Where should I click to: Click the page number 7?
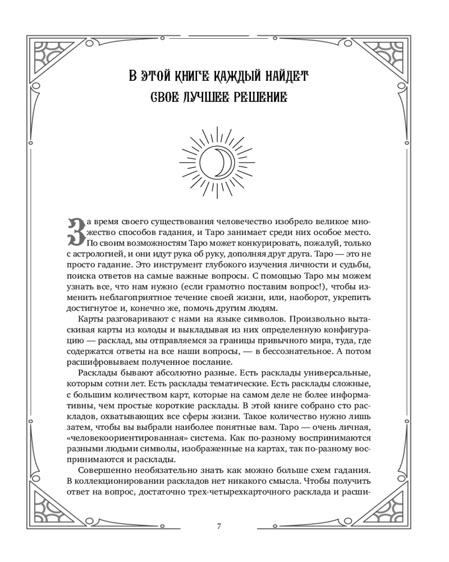(219, 526)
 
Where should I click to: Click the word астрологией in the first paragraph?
(103, 254)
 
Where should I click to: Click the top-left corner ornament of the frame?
(51, 53)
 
